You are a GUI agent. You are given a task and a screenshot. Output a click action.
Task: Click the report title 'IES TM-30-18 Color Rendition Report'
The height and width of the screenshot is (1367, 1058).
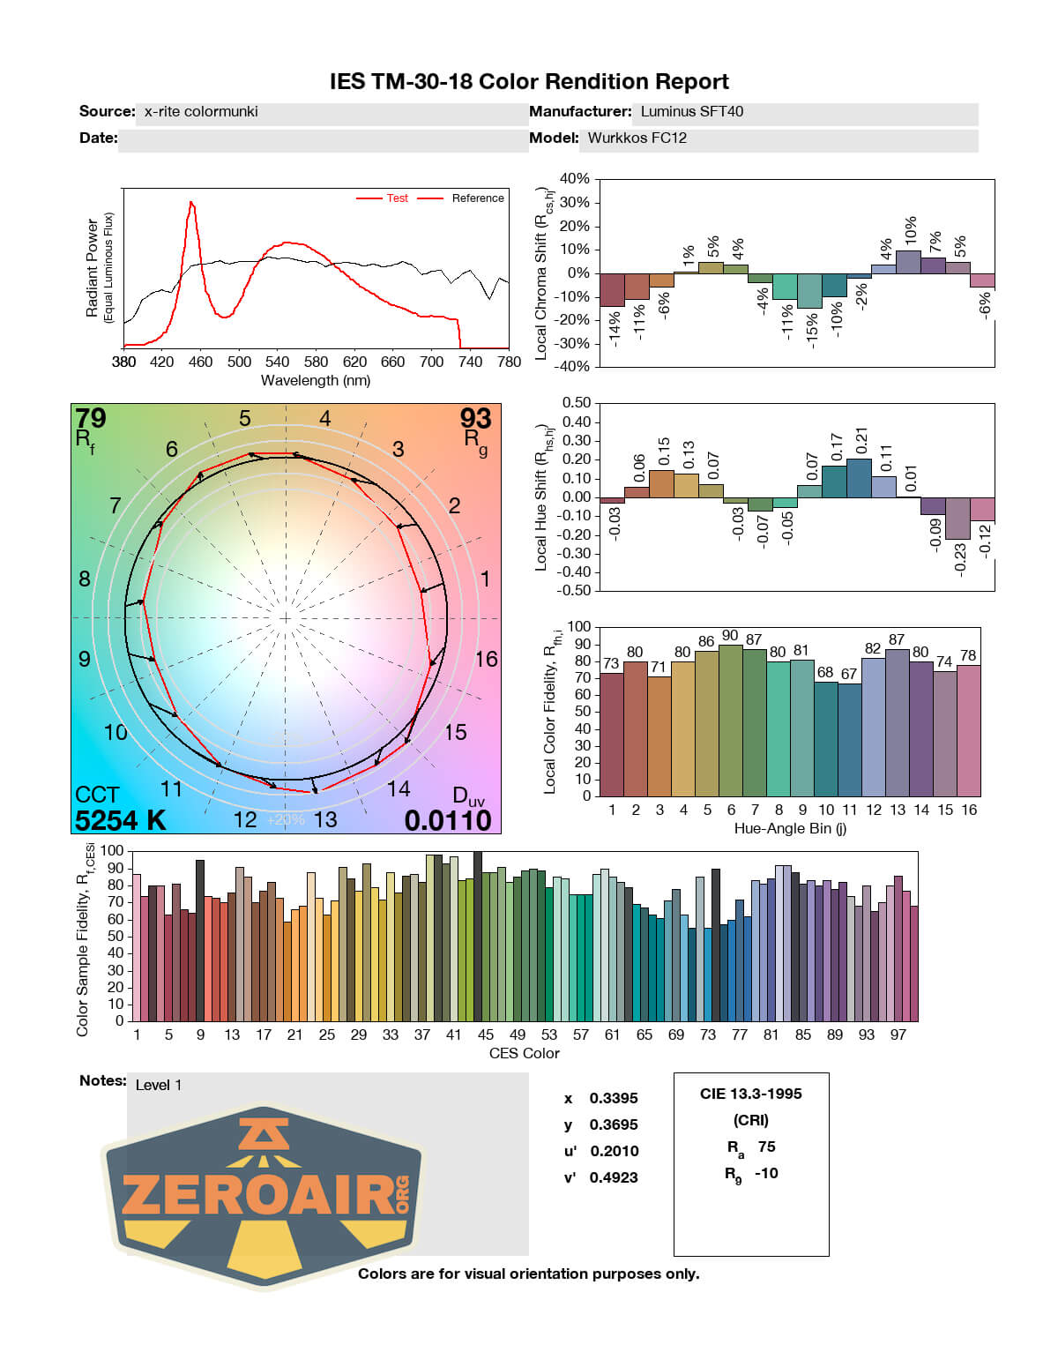point(529,82)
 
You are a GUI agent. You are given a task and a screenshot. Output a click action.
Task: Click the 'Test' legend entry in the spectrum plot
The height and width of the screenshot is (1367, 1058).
point(397,198)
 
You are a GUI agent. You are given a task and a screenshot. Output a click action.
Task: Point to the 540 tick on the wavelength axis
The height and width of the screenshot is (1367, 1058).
point(277,362)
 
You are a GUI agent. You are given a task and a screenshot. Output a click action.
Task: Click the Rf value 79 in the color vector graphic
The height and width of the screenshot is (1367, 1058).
point(90,418)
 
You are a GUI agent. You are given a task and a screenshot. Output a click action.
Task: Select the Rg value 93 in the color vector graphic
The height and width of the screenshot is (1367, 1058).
point(475,418)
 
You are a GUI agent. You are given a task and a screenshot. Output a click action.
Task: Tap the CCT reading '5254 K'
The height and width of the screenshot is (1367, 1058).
point(120,820)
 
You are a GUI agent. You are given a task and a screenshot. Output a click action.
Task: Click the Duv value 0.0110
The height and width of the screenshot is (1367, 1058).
point(448,820)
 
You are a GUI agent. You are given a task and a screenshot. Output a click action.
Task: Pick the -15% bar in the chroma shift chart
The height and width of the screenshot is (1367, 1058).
point(809,291)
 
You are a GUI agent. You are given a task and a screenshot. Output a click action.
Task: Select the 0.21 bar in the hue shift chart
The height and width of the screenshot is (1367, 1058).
point(859,478)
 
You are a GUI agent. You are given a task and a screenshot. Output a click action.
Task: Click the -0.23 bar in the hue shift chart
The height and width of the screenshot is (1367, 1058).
point(957,519)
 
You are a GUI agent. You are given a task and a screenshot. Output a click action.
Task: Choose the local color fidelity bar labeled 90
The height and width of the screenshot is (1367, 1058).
point(730,720)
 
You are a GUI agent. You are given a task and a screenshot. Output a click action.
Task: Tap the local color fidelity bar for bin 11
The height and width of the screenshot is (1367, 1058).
point(849,739)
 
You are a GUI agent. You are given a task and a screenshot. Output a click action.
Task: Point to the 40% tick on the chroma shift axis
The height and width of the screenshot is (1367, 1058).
point(574,179)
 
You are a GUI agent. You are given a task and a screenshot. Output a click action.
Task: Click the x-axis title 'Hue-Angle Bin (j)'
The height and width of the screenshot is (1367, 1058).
point(790,829)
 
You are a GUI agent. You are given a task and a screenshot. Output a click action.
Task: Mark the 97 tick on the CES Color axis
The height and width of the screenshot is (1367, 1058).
point(898,1035)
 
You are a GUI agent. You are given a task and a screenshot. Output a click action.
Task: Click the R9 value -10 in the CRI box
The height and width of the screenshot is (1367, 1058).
point(766,1174)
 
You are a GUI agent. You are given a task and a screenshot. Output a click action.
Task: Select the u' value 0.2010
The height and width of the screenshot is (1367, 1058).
point(614,1151)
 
